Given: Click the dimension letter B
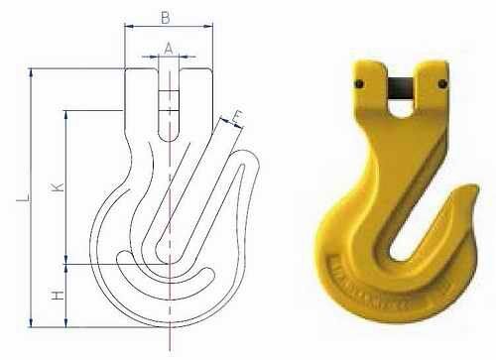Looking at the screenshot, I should [166, 17].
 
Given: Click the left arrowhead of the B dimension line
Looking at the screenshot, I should [127, 28].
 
